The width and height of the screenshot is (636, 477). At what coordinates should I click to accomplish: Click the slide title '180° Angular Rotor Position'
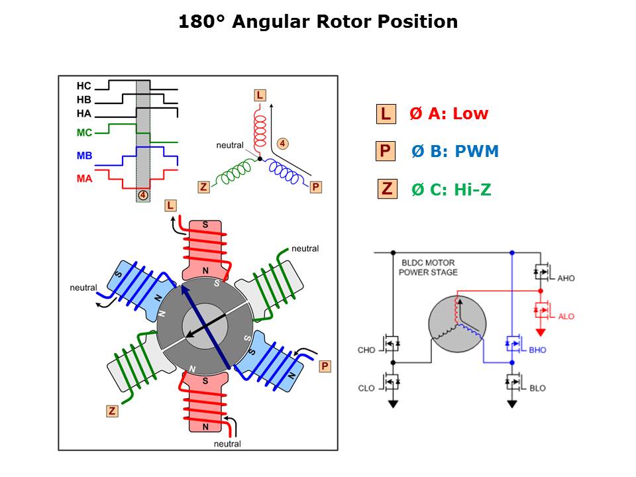(x=318, y=21)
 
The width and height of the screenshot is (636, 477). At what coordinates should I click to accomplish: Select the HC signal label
(x=84, y=86)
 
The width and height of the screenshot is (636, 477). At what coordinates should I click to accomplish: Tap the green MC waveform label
(x=84, y=132)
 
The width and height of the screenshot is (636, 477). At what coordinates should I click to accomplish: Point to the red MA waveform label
(x=84, y=178)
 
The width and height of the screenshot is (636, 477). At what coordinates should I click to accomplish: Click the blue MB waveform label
(x=84, y=155)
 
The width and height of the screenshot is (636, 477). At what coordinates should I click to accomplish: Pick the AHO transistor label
(x=566, y=278)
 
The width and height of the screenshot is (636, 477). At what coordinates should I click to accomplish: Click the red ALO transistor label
(x=566, y=317)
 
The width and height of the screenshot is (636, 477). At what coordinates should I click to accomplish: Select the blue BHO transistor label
(x=537, y=350)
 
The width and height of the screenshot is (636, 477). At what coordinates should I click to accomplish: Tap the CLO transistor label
(x=366, y=388)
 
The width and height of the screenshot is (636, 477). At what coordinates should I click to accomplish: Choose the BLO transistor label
(x=537, y=388)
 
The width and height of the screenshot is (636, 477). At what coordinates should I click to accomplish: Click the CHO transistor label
(x=366, y=350)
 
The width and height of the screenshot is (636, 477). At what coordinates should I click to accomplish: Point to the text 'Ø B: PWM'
(x=455, y=151)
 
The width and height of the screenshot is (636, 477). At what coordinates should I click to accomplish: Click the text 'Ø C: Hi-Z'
(x=451, y=189)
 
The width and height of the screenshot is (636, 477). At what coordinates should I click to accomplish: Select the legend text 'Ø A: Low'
(x=449, y=113)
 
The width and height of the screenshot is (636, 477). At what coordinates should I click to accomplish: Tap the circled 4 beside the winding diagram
(x=283, y=143)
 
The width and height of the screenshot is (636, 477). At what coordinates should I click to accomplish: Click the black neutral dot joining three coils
(x=260, y=158)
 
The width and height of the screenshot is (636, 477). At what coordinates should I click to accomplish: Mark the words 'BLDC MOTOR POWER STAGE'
(x=428, y=267)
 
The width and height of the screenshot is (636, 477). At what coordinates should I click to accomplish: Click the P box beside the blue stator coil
(x=325, y=366)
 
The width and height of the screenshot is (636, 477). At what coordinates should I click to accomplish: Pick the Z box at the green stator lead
(x=112, y=411)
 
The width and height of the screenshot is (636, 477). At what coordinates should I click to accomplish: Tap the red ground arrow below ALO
(x=541, y=332)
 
